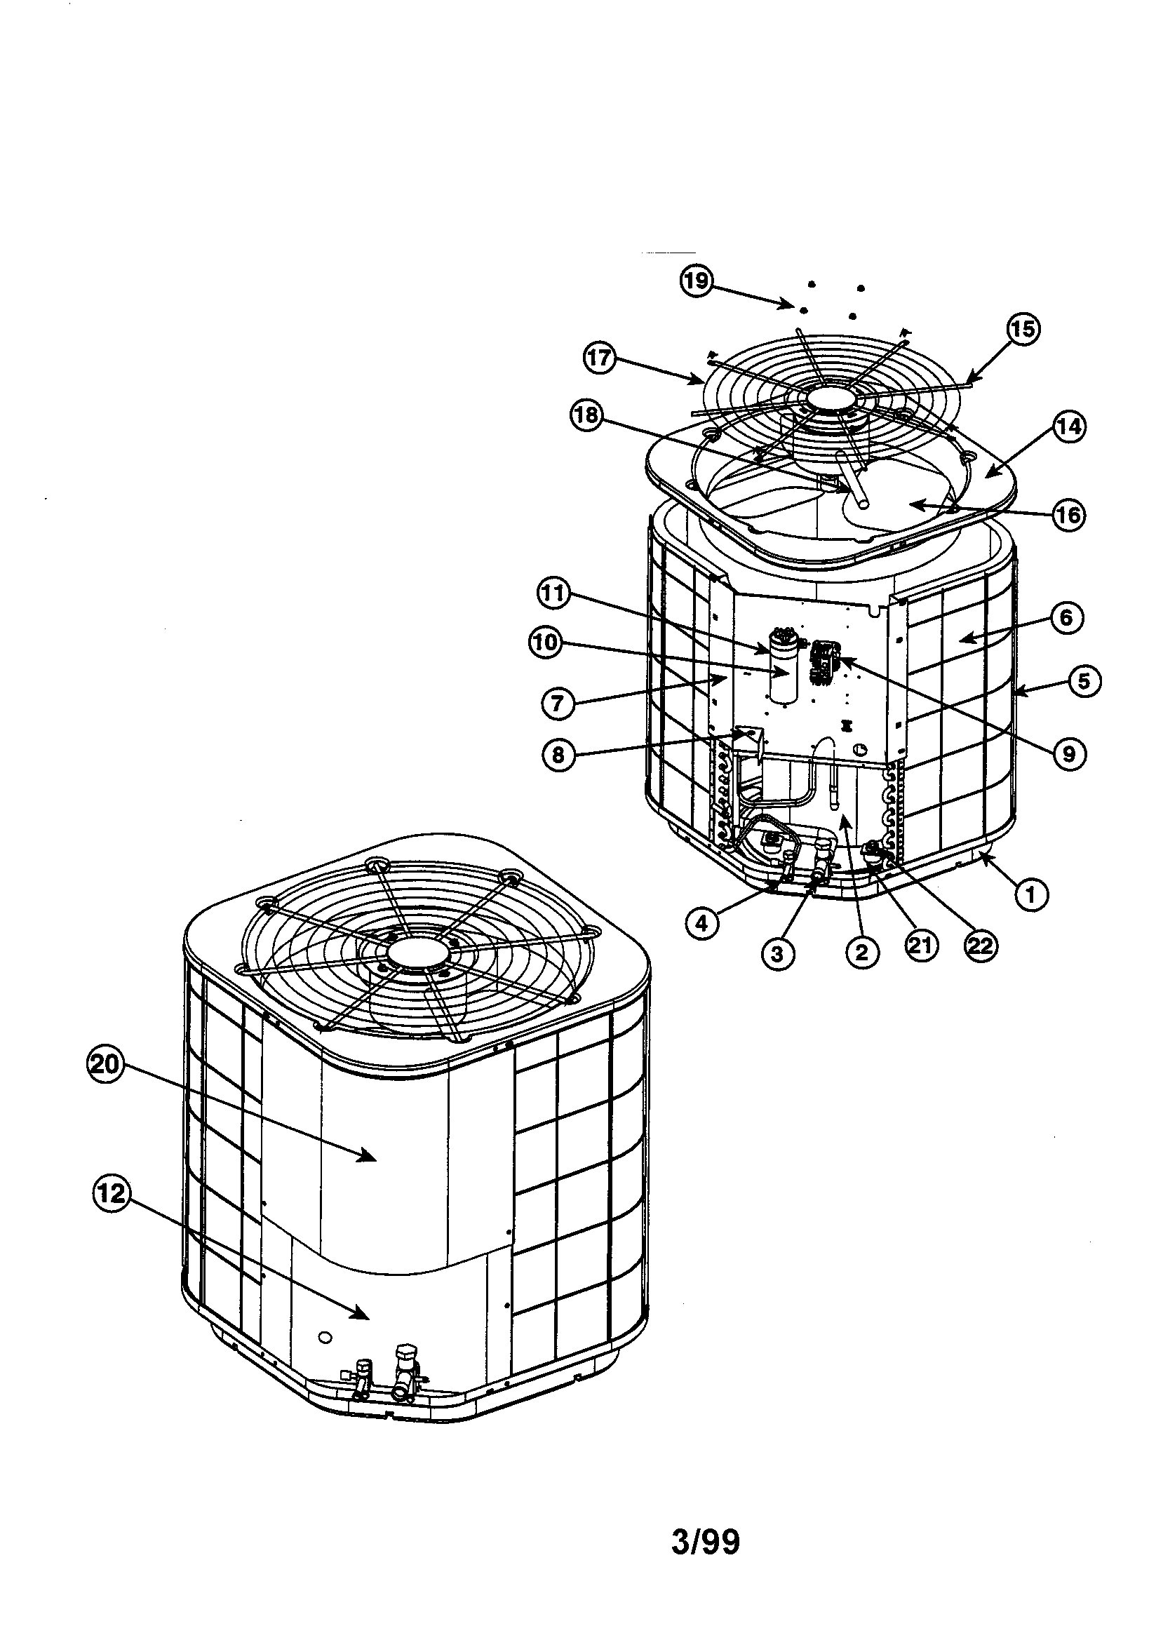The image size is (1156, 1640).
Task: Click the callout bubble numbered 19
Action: tap(695, 281)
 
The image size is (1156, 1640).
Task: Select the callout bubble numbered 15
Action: tap(1023, 329)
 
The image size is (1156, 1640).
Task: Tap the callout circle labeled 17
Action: tap(600, 358)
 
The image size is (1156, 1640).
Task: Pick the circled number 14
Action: tap(1068, 426)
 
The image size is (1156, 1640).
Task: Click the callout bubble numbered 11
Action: tap(554, 594)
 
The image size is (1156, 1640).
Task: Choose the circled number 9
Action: tap(1069, 753)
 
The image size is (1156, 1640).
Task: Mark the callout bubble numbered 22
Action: tap(979, 945)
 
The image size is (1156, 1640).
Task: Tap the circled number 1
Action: tap(1031, 894)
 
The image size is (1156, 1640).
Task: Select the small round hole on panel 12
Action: tap(325, 1335)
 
